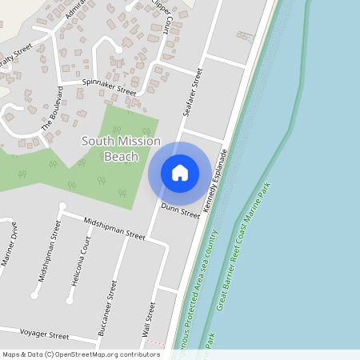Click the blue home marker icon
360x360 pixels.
[180, 173]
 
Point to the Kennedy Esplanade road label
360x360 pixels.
[215, 180]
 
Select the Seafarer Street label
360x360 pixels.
[193, 93]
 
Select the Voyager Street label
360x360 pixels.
[45, 334]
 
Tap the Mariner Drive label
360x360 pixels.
[10, 252]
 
